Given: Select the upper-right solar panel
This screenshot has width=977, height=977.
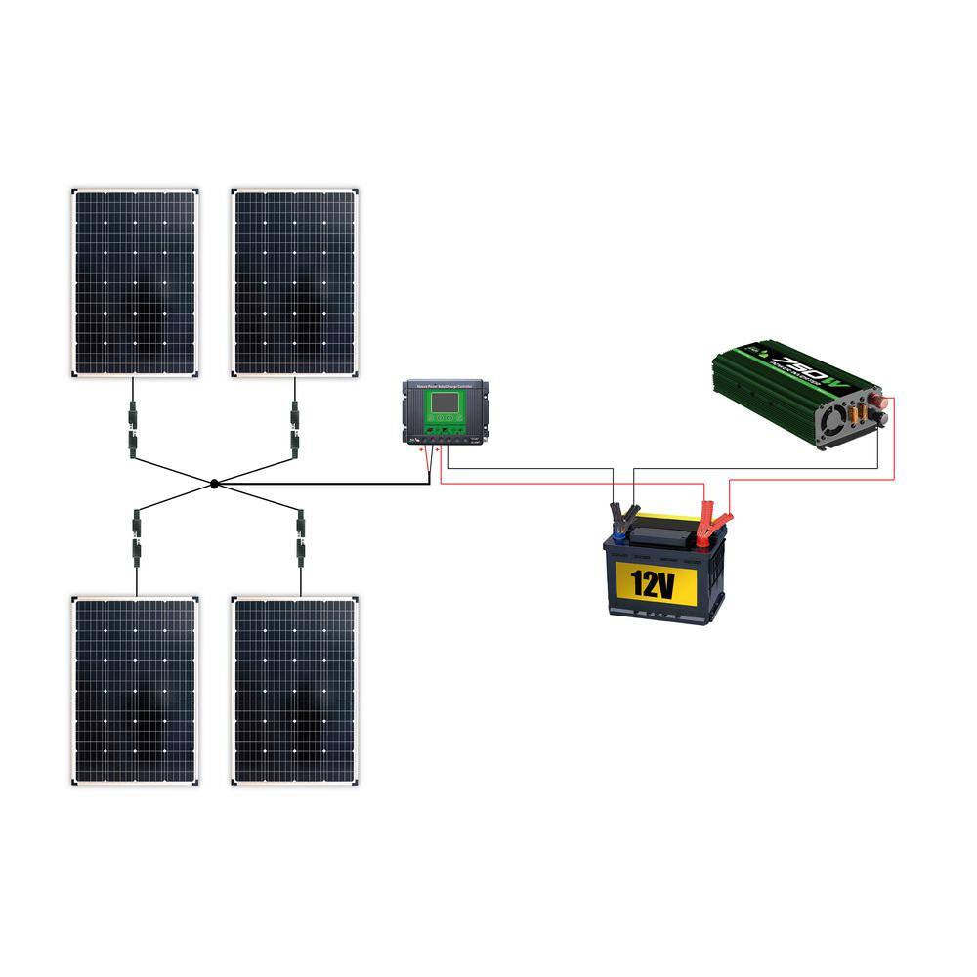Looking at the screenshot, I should click(x=295, y=282).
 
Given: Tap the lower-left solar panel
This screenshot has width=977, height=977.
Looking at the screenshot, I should click(x=136, y=690).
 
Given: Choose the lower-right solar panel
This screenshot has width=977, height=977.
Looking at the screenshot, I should click(x=295, y=690).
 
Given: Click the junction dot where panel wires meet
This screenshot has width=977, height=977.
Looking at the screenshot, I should click(x=214, y=484).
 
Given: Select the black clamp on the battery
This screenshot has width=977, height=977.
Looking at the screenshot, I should click(x=622, y=514).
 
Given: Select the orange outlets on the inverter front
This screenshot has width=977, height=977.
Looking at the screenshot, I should click(x=857, y=414).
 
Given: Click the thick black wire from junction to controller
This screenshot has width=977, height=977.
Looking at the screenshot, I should click(x=322, y=484).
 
